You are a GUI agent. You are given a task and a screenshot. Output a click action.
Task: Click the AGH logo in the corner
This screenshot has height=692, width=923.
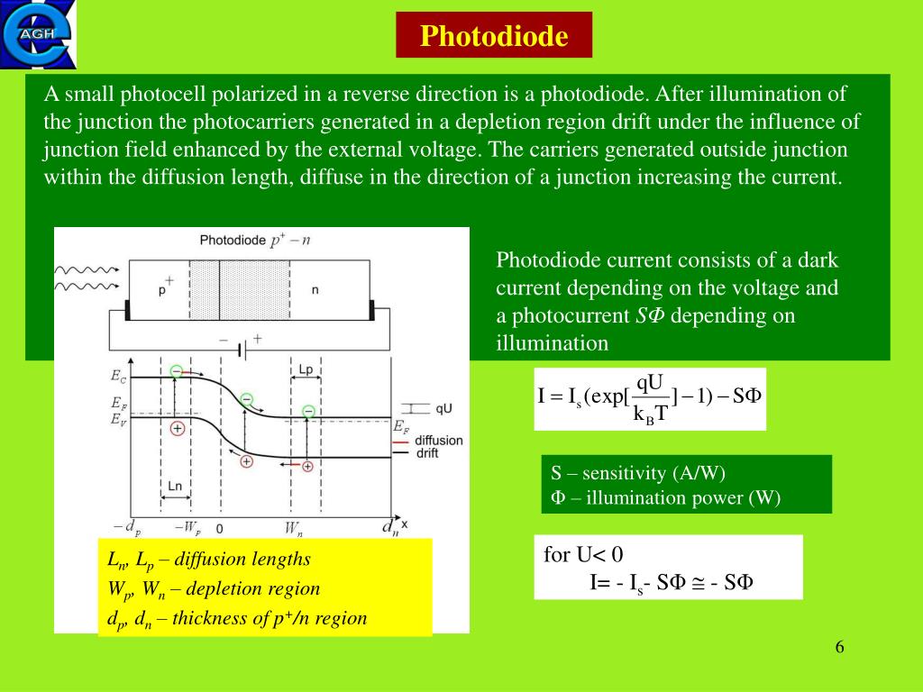point(39,34)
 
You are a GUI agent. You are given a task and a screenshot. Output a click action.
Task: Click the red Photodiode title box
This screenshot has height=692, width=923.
point(494,36)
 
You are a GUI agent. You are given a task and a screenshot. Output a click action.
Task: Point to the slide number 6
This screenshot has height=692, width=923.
point(839,647)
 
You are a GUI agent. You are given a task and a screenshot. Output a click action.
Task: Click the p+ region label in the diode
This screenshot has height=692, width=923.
point(165,289)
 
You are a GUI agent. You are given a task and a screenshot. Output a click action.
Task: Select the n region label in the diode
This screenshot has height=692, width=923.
point(315,289)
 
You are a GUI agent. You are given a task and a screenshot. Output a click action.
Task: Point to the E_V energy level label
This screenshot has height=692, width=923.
point(118,419)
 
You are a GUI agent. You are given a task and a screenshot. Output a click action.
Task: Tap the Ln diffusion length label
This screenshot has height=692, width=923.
point(177,486)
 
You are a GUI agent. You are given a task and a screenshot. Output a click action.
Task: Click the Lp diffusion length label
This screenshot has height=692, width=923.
point(306,370)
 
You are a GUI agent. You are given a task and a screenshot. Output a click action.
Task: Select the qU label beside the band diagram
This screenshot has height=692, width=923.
point(443,408)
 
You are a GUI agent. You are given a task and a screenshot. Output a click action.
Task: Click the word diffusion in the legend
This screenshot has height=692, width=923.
point(439,441)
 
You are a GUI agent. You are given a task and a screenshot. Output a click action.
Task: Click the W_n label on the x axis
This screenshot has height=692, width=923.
point(294,526)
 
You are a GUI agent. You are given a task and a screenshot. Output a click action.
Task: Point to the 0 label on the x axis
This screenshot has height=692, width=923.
point(220,527)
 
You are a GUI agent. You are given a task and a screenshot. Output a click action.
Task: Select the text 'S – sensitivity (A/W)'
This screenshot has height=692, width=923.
point(638,473)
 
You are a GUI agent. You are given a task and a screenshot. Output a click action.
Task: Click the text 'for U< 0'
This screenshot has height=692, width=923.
point(584,553)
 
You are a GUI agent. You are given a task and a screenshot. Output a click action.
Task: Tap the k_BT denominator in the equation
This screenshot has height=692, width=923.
point(651,413)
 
